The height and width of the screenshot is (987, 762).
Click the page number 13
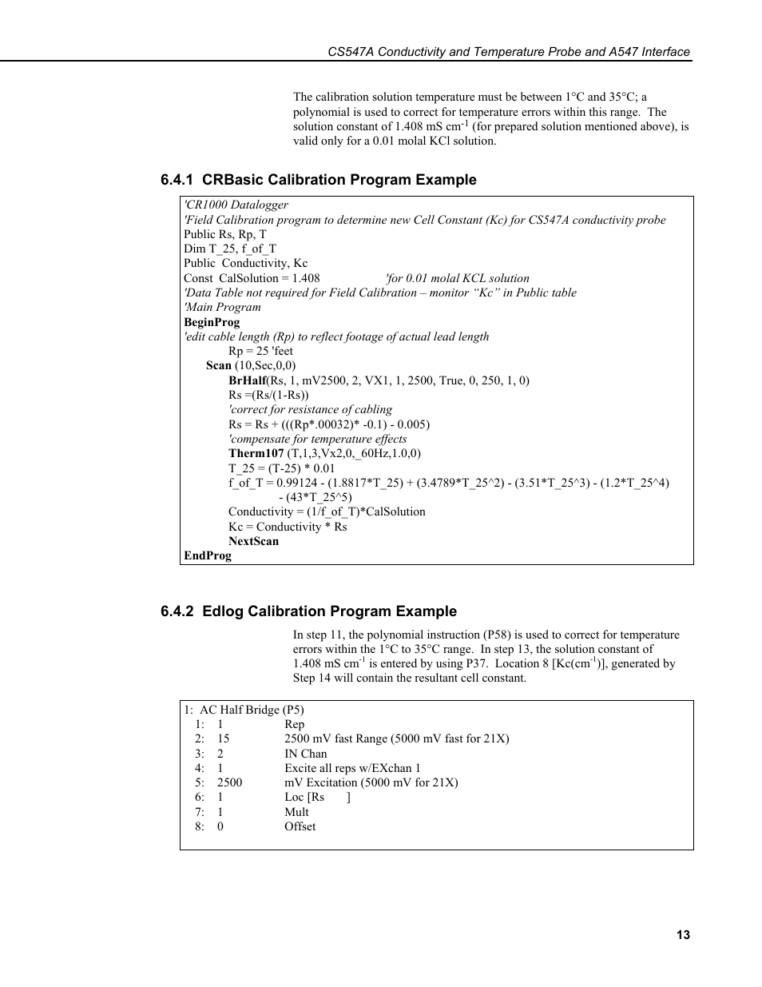[683, 935]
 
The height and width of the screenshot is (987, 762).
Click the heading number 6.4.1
[177, 180]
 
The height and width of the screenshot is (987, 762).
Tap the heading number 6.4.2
[177, 611]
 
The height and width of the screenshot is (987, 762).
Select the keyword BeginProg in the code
[212, 322]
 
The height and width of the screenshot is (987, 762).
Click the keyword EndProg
[208, 555]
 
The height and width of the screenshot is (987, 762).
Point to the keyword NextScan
[253, 541]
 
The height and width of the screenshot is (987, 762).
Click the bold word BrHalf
[247, 380]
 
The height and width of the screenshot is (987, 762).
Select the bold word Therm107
[256, 453]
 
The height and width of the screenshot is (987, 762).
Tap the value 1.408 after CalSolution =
[306, 278]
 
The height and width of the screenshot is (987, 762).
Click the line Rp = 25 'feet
[260, 351]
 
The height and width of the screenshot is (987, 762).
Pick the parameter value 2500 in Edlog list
[229, 782]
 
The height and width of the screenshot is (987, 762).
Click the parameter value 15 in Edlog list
[223, 738]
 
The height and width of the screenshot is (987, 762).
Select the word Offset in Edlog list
[300, 826]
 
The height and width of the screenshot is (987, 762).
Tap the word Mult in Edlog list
[296, 812]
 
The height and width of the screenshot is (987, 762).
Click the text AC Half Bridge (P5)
[252, 710]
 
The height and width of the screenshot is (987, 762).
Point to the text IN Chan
[306, 754]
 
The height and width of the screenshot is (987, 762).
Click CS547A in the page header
[351, 52]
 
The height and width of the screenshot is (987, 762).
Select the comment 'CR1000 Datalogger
[236, 205]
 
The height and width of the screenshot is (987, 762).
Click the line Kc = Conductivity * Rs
[288, 527]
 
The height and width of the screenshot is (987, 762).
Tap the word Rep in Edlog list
[294, 724]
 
